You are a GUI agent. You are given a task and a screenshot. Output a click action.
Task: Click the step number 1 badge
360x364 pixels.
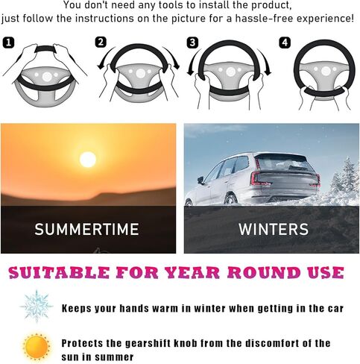point(8,43)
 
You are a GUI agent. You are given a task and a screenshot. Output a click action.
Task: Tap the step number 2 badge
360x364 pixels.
point(101,43)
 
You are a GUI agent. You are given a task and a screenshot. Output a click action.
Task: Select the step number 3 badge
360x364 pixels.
point(192,43)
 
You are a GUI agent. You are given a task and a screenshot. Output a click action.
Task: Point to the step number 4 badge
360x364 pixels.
point(285,43)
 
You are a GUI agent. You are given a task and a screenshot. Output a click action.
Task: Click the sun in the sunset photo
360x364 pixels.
point(88,160)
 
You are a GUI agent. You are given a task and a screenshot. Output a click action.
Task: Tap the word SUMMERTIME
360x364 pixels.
point(86,229)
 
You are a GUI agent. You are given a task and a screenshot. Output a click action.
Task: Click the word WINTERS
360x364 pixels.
point(274,229)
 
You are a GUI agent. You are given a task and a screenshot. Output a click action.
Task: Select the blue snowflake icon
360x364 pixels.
point(37,306)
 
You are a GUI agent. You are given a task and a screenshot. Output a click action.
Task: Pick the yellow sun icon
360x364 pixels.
point(37,346)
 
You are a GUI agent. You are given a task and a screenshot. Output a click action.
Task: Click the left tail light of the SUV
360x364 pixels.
point(259,179)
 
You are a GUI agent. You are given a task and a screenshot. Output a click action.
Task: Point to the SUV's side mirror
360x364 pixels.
point(200,180)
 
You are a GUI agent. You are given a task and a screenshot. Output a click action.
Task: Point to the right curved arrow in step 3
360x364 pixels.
point(265,62)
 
